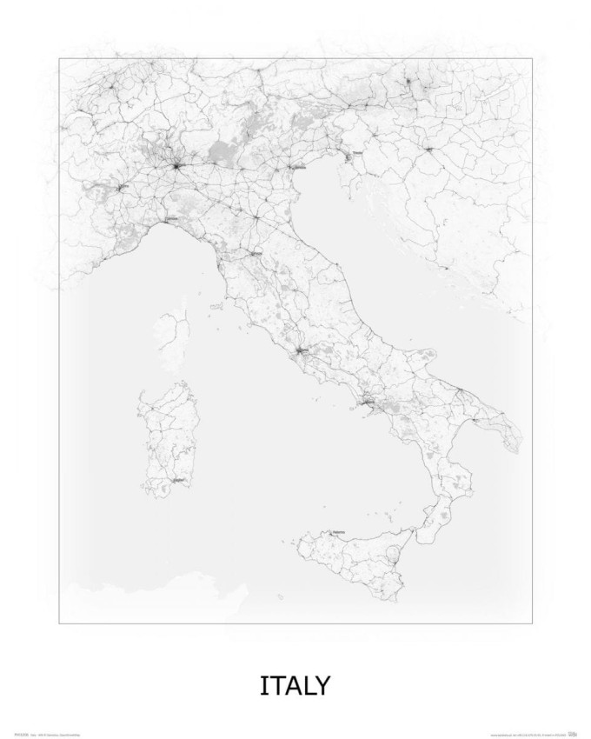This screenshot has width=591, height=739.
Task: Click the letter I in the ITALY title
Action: pyautogui.click(x=263, y=685)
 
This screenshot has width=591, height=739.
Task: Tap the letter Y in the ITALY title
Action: pyautogui.click(x=321, y=685)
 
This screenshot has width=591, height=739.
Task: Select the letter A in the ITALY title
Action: pyautogui.click(x=289, y=685)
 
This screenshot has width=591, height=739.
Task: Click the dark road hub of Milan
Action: pyautogui.click(x=176, y=165)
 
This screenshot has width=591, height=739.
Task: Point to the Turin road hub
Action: pyautogui.click(x=123, y=186)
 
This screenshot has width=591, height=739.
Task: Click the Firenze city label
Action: pyautogui.click(x=256, y=253)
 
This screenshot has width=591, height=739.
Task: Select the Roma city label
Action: pyautogui.click(x=302, y=350)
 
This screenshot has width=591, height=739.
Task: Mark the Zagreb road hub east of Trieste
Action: pyautogui.click(x=430, y=150)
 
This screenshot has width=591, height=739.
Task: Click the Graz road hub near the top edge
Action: pyautogui.click(x=408, y=82)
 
